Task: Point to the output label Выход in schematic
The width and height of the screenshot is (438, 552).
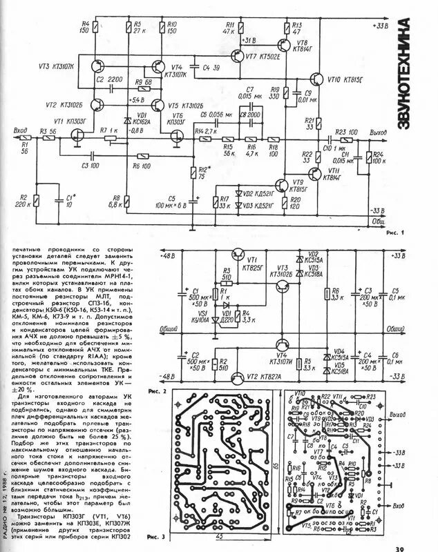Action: coord(378,131)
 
